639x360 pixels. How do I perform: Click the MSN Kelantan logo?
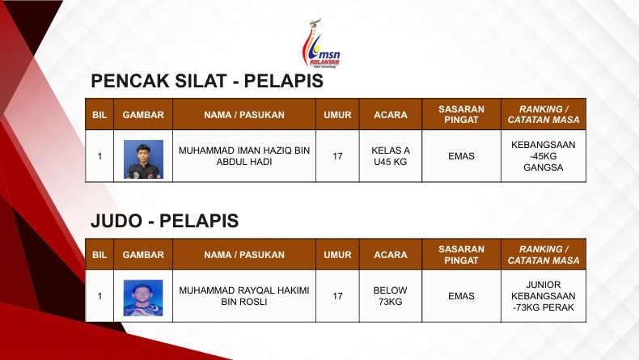[321, 43]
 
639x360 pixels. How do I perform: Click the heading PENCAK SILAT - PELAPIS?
[207, 81]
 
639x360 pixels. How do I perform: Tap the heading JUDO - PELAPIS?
[165, 221]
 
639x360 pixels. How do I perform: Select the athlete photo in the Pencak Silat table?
[143, 159]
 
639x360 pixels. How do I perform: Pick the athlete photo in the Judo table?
[143, 298]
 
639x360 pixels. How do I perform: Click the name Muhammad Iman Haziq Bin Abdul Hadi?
[244, 156]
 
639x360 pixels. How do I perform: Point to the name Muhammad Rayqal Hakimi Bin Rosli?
[244, 296]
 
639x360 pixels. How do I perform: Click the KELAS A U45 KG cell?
[391, 156]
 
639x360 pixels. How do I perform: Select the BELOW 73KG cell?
[391, 296]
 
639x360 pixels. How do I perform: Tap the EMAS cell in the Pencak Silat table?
[461, 156]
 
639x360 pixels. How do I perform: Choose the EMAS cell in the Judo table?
[461, 296]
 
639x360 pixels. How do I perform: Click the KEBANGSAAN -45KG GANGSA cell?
[544, 156]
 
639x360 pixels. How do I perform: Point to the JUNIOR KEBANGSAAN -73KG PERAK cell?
[544, 296]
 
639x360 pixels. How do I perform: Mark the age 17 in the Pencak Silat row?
[337, 156]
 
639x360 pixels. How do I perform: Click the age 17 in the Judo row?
[337, 296]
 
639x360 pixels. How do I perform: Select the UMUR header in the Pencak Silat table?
[337, 115]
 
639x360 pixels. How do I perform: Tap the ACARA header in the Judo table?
[391, 255]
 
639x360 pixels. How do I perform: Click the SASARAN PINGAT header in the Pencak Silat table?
[461, 115]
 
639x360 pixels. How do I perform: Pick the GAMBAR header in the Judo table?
[143, 255]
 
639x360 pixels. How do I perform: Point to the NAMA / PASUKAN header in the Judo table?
[244, 255]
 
